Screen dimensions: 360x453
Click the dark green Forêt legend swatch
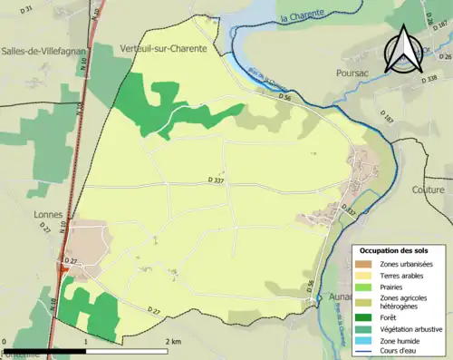pos(363,316)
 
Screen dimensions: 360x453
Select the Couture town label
pos(428,190)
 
